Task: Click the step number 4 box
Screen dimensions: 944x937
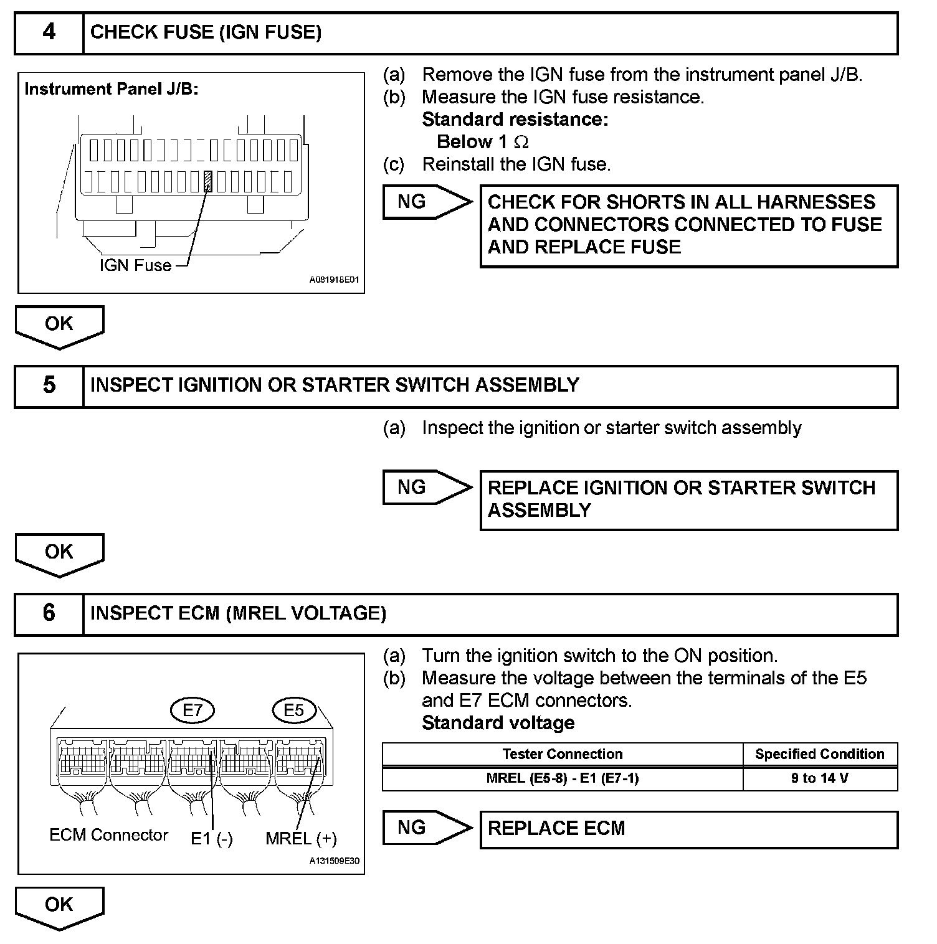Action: [x=49, y=32]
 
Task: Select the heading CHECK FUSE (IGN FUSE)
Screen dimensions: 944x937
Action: [x=206, y=32]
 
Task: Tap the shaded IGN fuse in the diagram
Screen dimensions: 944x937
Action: [x=209, y=182]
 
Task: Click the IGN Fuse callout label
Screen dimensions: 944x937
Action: [x=135, y=265]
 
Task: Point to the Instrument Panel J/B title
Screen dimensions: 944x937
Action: [x=111, y=89]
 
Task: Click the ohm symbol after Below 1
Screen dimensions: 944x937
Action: [x=521, y=143]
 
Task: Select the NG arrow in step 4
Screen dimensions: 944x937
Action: [x=426, y=202]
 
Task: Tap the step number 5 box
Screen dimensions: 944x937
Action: [x=49, y=385]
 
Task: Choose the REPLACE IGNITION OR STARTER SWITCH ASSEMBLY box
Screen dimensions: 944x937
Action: [x=688, y=499]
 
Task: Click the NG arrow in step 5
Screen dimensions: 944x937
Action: [x=426, y=487]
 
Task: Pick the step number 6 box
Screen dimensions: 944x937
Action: [x=49, y=613]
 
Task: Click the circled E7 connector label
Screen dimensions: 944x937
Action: [x=192, y=710]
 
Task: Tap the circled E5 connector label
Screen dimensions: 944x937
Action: [x=293, y=710]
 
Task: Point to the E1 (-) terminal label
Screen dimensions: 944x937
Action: [x=212, y=839]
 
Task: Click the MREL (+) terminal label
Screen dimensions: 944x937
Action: [x=301, y=839]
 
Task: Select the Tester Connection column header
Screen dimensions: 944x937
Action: [x=562, y=754]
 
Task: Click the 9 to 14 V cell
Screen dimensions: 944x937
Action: [x=819, y=778]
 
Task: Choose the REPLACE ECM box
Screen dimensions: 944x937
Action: [x=688, y=829]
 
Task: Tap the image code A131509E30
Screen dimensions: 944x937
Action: [x=334, y=862]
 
